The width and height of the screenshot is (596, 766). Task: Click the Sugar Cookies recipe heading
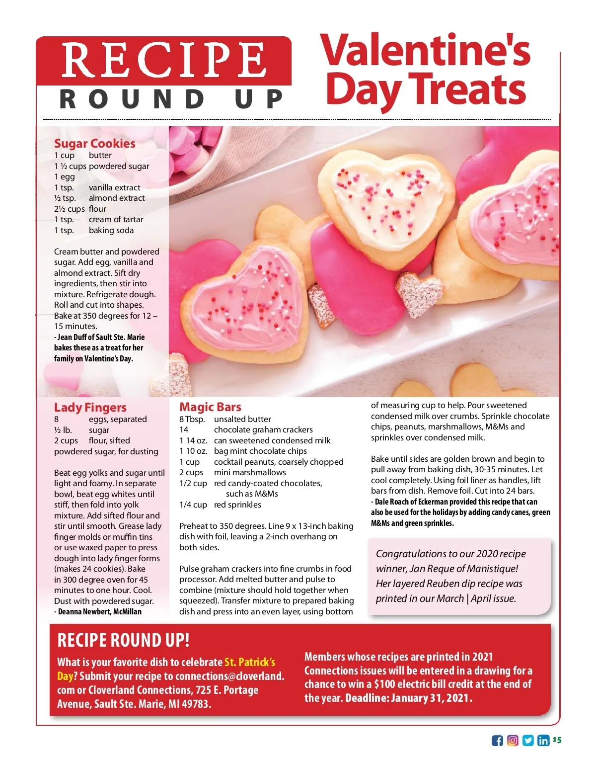(x=94, y=144)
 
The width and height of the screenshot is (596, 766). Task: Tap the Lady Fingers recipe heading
(x=90, y=408)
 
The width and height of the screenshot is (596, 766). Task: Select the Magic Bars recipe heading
(x=210, y=407)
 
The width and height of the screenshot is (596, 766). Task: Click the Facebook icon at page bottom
(x=497, y=741)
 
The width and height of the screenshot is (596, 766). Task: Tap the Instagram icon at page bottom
(x=513, y=741)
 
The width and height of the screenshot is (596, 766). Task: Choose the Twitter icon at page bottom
(x=528, y=741)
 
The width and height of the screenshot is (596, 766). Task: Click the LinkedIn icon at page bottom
(x=543, y=741)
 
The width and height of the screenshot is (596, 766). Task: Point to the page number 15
(x=557, y=740)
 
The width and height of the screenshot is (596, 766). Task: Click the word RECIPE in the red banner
(x=163, y=60)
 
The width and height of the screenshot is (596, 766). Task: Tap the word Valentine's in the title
(x=425, y=50)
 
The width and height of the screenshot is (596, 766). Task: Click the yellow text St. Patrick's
(x=249, y=662)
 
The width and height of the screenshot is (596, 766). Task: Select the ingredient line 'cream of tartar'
(x=116, y=219)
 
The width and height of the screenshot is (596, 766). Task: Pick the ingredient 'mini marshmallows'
(x=250, y=472)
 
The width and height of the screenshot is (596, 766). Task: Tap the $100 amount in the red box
(x=385, y=684)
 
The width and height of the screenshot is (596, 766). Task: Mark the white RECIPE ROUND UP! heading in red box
(x=123, y=640)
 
